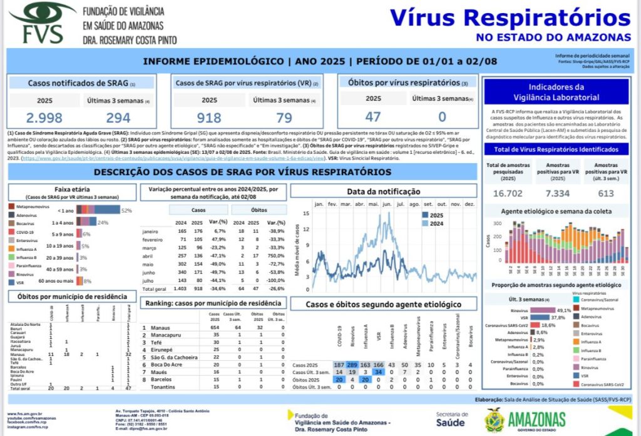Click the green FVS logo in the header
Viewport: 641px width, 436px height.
(39, 23)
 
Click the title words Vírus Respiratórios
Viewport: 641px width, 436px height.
(510, 18)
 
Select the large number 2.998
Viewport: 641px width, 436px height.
(44, 118)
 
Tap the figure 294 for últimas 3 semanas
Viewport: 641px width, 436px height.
(118, 118)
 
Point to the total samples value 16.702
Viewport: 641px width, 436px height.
(508, 193)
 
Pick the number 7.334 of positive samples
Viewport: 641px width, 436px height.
(556, 193)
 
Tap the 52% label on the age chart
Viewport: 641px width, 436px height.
(126, 211)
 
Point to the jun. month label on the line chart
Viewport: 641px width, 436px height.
(387, 205)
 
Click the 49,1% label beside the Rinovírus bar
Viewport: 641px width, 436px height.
(564, 310)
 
